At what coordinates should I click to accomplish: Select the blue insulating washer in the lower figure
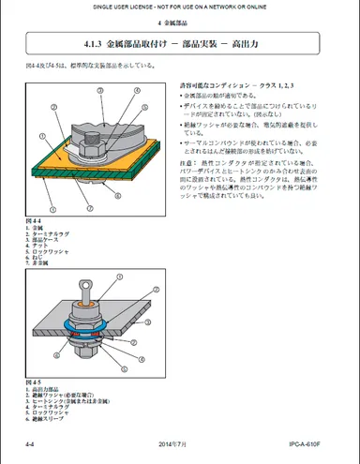83,325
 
